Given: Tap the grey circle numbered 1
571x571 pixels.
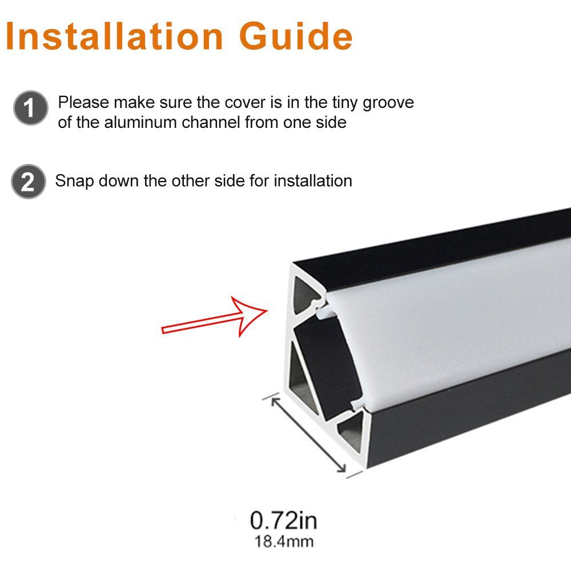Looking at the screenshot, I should [30, 108].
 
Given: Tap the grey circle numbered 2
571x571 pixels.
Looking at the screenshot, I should [28, 182].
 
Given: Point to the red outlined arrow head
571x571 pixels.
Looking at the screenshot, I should [251, 316].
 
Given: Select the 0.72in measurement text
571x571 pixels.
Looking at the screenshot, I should [283, 520].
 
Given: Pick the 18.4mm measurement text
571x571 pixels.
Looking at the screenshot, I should [283, 540].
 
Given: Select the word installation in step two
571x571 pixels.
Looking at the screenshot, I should [313, 181].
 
